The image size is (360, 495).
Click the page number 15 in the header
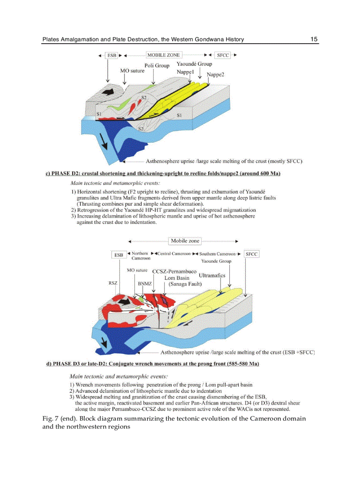(x=314, y=39)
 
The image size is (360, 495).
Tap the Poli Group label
(x=157, y=66)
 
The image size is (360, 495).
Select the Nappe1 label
(x=186, y=71)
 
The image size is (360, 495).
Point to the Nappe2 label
(x=215, y=74)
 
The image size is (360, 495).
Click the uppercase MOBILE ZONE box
(x=163, y=55)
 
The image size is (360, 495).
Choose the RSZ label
(x=112, y=283)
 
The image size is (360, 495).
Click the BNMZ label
(x=145, y=284)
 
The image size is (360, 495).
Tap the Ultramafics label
(x=212, y=275)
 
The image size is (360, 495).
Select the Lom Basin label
(x=176, y=278)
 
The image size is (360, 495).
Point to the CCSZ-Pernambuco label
(x=174, y=271)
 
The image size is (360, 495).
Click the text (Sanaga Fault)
(x=185, y=284)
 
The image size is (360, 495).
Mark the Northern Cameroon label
(x=140, y=256)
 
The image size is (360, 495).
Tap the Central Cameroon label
(x=174, y=254)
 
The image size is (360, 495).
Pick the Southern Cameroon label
(x=218, y=254)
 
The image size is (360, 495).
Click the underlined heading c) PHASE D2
(x=163, y=173)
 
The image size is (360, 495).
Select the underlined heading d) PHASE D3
(x=153, y=364)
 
